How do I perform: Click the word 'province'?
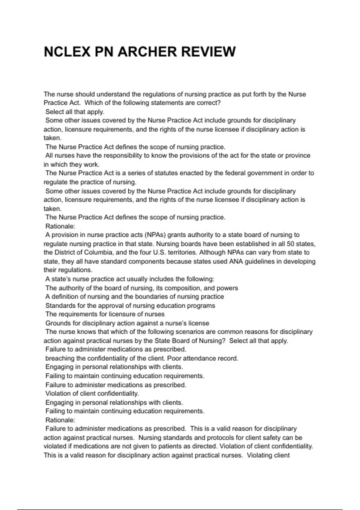pyautogui.click(x=298, y=155)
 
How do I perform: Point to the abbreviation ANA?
pyautogui.click(x=236, y=261)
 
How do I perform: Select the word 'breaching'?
pyautogui.click(x=60, y=358)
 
